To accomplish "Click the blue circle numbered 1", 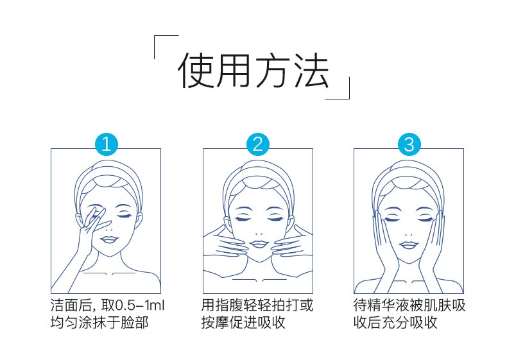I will point(106,144).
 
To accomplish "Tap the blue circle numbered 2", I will point(257,144).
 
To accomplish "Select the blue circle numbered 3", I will point(409,144).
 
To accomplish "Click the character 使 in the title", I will point(196,70).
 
